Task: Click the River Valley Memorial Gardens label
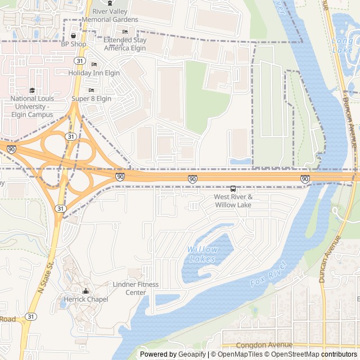[x=110, y=16]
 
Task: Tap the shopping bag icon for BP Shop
[x=73, y=36]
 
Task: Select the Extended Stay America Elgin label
[x=124, y=44]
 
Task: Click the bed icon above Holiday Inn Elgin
[x=93, y=65]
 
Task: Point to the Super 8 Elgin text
[x=91, y=98]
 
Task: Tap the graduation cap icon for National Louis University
[x=32, y=90]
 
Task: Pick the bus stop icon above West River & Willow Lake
[x=233, y=188]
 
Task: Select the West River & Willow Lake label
[x=233, y=201]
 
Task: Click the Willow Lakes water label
[x=202, y=254]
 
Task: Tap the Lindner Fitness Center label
[x=136, y=289]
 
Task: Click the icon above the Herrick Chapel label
[x=85, y=291]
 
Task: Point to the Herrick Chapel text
[x=85, y=299]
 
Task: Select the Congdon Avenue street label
[x=264, y=345]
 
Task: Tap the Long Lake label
[x=343, y=46]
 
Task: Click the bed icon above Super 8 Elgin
[x=91, y=90]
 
